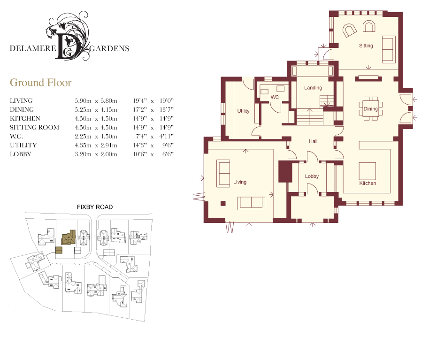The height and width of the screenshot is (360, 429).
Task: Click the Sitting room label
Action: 366,46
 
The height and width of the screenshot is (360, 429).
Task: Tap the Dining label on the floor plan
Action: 370,108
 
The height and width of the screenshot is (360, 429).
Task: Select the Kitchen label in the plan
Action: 368,183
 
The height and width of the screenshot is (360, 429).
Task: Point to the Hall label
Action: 313,141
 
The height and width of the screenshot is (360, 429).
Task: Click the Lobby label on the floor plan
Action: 312,176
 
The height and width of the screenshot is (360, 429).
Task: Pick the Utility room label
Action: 243,111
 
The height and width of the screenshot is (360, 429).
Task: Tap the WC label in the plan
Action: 275,97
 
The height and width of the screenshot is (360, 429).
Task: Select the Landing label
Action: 313,88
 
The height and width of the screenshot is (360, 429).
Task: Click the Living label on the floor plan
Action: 240,182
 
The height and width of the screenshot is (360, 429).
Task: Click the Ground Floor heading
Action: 41,82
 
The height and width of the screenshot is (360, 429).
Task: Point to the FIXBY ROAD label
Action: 95,207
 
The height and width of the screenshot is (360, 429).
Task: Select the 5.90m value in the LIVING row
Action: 83,100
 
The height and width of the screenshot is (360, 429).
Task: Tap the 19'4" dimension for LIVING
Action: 140,100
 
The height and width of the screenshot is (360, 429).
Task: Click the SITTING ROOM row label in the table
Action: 34,128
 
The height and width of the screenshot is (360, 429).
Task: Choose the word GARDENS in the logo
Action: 109,49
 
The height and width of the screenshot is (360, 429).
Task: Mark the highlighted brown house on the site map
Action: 68,237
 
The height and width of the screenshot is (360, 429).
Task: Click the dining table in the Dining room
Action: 370,108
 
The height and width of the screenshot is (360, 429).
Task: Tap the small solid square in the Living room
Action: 223,203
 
